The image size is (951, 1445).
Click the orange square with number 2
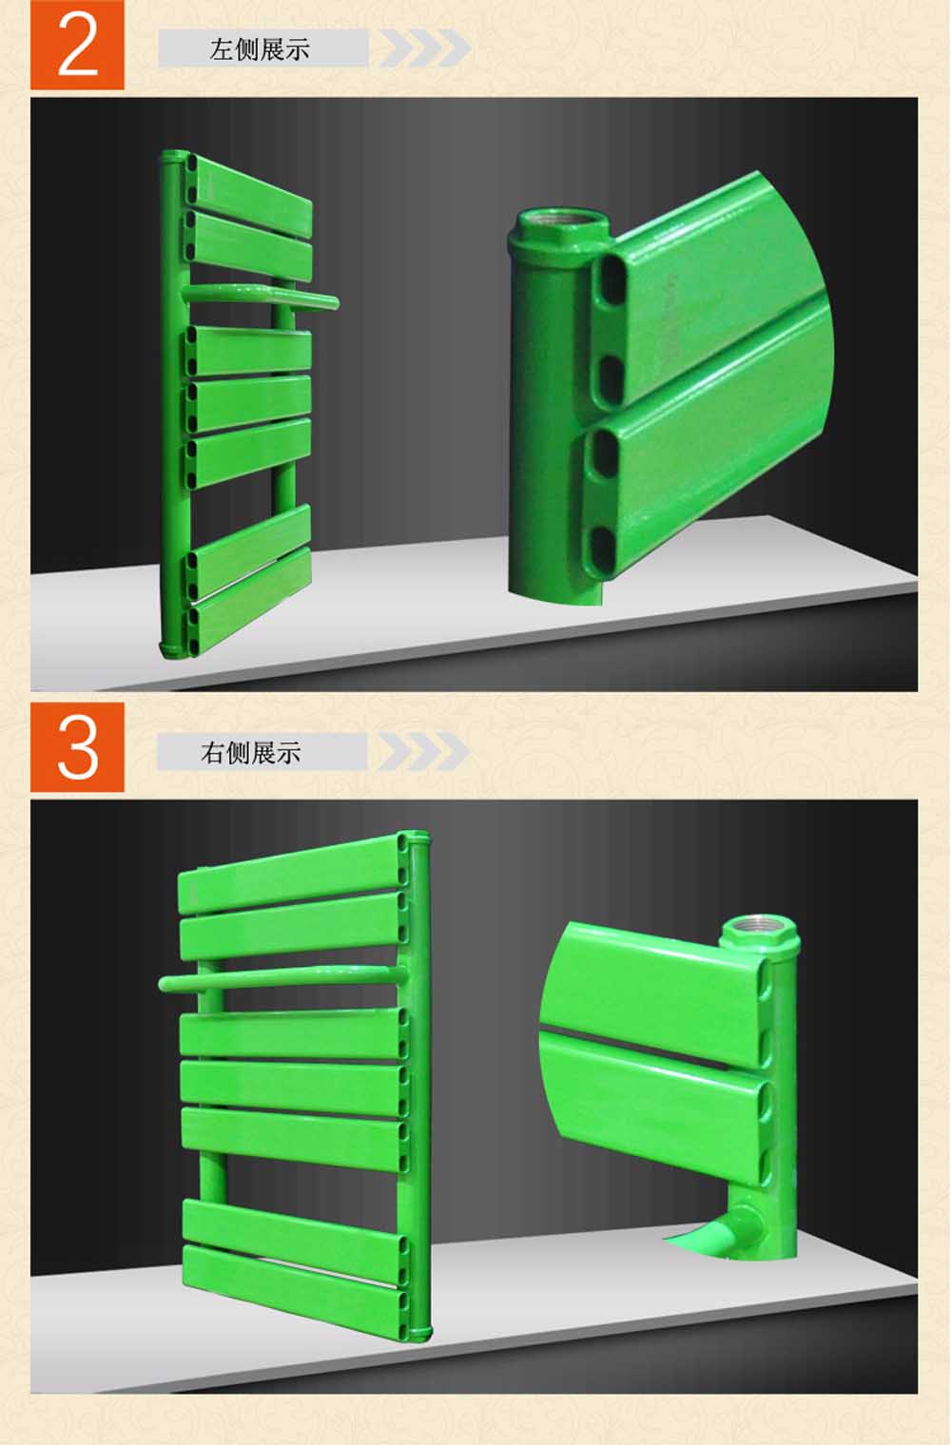tap(77, 45)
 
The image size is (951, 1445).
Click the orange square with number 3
tap(77, 747)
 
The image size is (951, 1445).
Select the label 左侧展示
tap(260, 49)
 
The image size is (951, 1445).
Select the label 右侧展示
tap(250, 752)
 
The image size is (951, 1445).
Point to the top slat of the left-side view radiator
tap(253, 187)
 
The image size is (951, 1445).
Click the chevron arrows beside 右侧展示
tap(423, 752)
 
